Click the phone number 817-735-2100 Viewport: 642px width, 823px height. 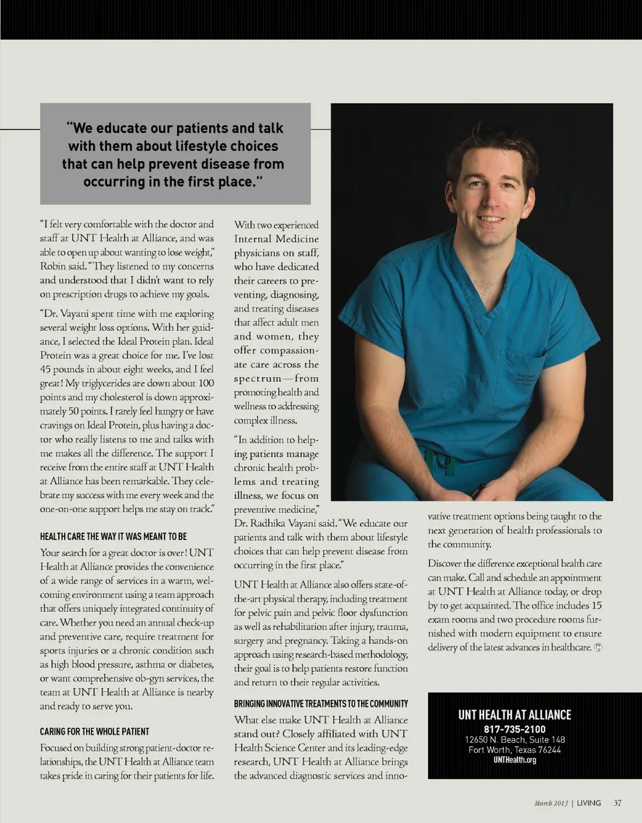click(514, 729)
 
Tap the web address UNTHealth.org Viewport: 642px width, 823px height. click(514, 760)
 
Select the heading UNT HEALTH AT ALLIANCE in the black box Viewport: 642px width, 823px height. click(514, 715)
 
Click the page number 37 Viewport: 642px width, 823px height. click(618, 803)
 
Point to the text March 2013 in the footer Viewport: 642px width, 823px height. click(551, 803)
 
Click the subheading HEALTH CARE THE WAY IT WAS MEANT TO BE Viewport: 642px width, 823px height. click(113, 536)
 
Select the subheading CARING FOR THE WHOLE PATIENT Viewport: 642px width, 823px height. click(94, 731)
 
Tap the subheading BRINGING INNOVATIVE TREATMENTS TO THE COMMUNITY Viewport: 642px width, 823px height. click(320, 705)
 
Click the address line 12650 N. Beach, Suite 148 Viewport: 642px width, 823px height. click(514, 739)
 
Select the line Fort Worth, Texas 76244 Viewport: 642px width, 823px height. click(514, 750)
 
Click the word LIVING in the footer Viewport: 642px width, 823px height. click(589, 803)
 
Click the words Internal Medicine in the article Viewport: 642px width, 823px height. click(276, 238)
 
